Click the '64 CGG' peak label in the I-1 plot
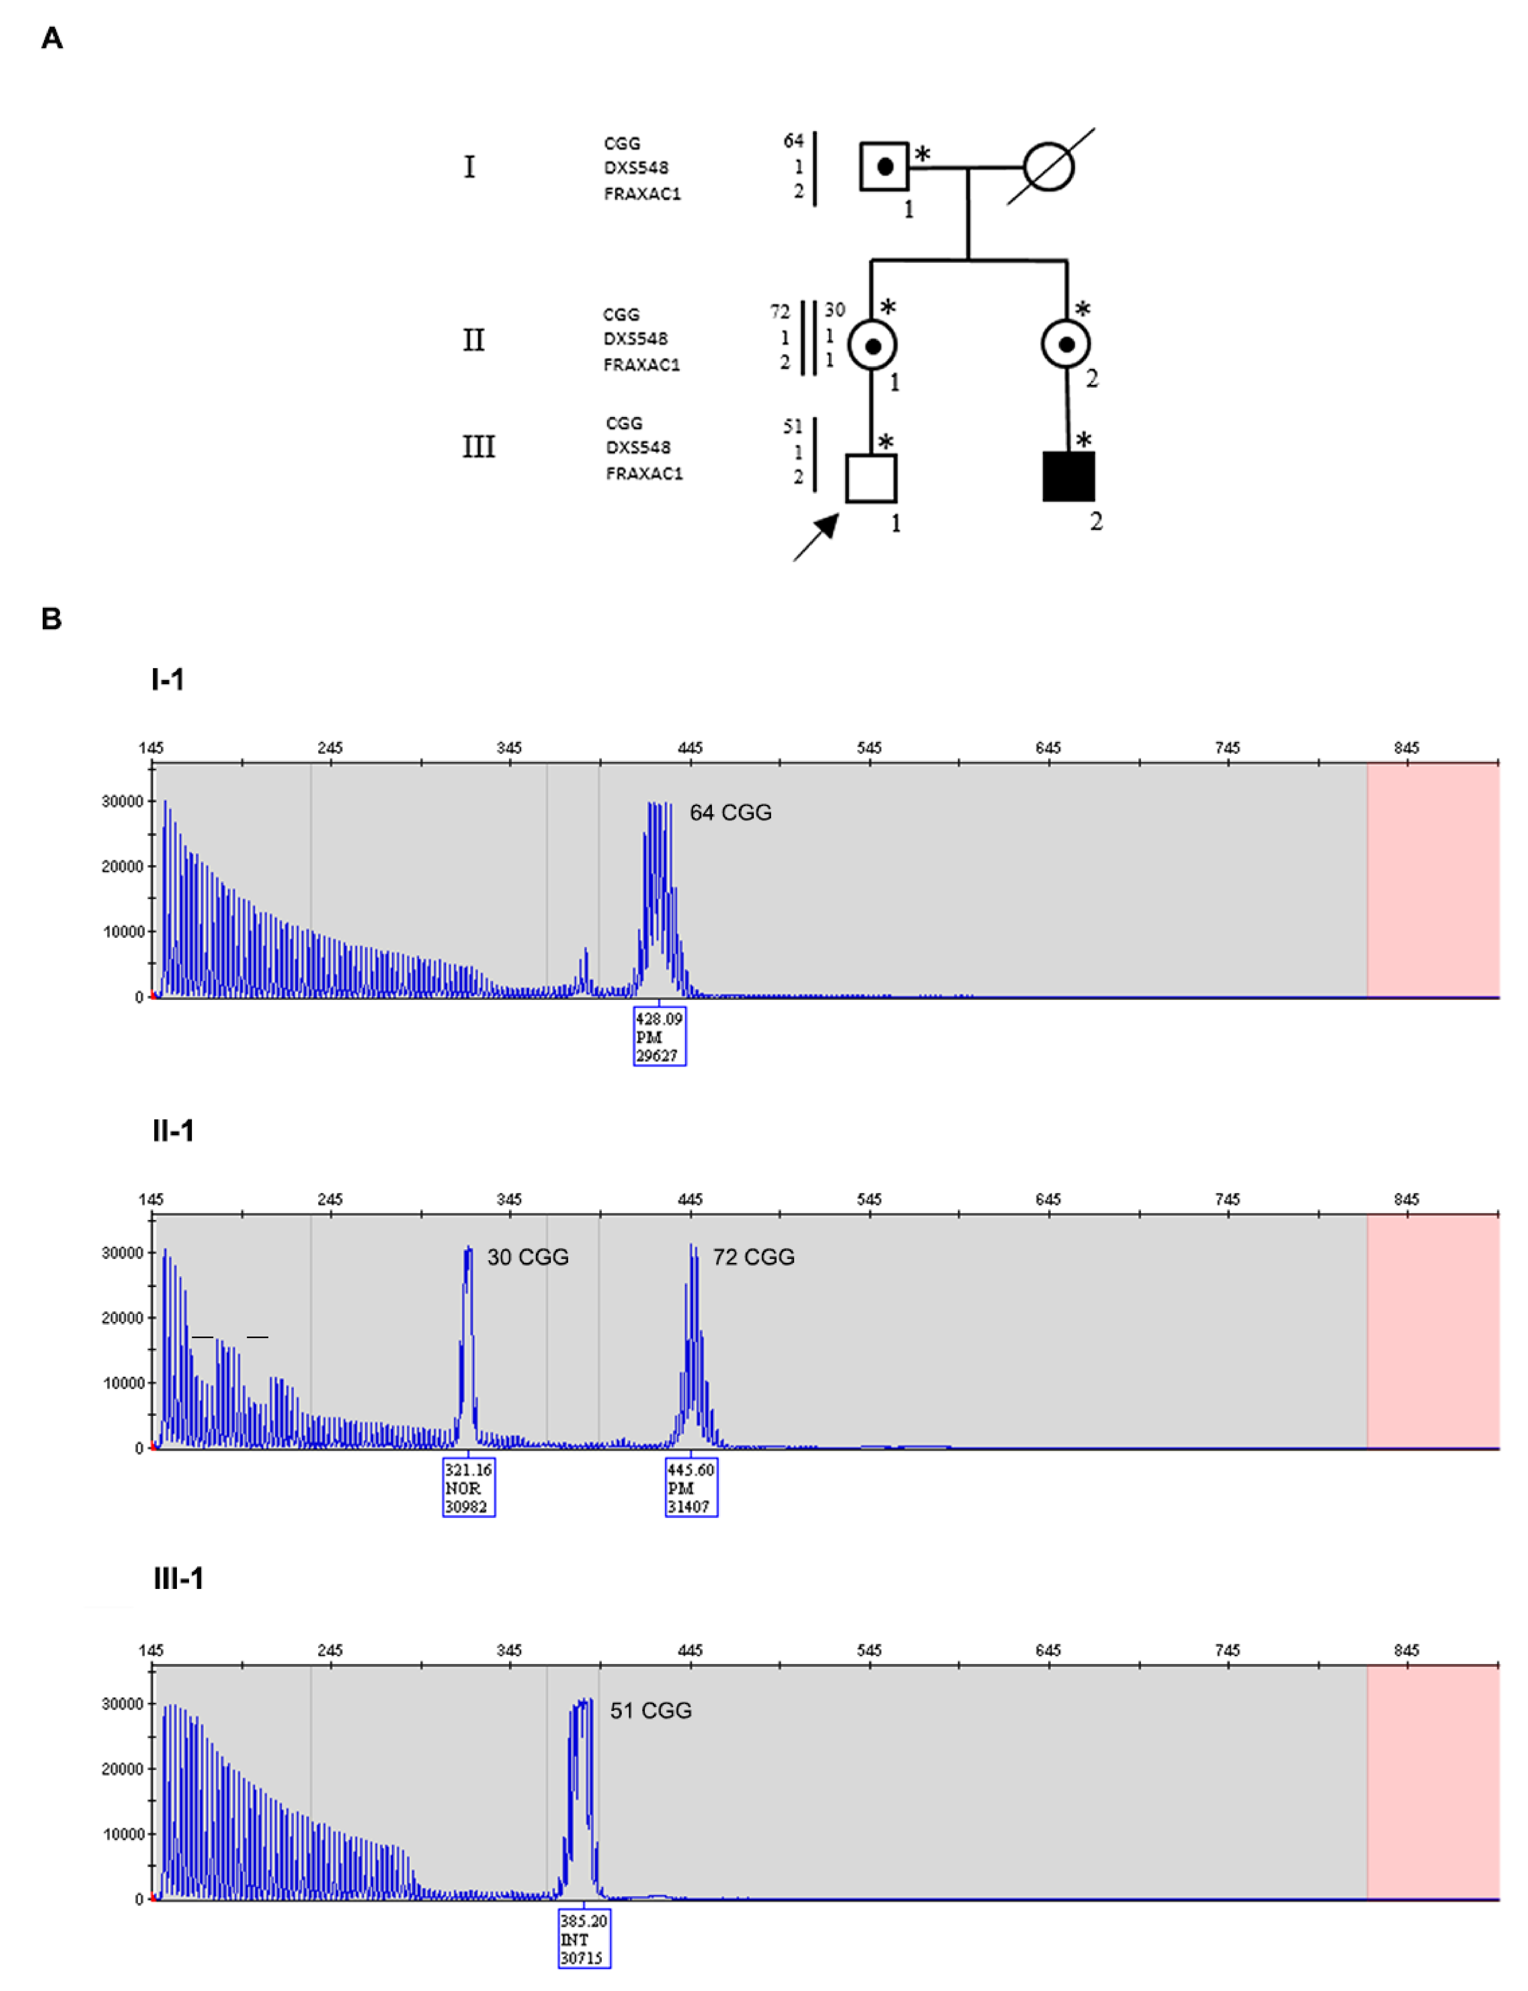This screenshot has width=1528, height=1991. click(730, 813)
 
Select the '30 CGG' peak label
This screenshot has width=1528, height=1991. click(528, 1257)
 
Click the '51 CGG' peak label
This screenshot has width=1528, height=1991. click(650, 1711)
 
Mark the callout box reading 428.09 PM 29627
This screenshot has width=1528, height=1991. click(660, 1036)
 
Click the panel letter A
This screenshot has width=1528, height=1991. click(52, 38)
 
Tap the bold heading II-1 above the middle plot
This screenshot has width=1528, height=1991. click(173, 1131)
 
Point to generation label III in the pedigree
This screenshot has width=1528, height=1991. click(478, 447)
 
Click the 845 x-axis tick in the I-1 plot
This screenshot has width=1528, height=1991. click(1406, 748)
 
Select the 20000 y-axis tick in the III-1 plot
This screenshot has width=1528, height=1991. click(122, 1769)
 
